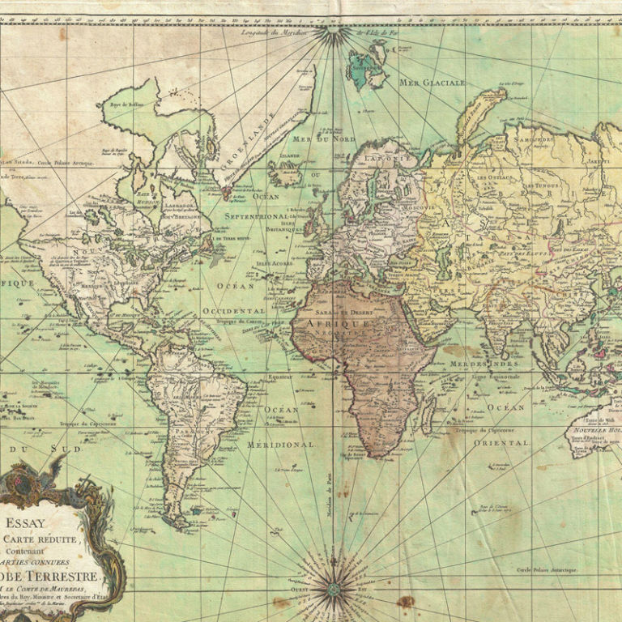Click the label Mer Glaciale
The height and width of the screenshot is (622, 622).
tap(432, 83)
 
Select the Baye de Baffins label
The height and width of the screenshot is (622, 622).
tap(120, 106)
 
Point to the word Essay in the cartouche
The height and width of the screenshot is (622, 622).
tap(28, 523)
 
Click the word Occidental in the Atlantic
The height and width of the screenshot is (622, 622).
tap(233, 310)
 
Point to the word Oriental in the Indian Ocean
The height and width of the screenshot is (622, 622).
tap(501, 443)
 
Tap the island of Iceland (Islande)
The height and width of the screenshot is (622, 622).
tap(284, 172)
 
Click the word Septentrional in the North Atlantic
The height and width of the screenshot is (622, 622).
tap(256, 217)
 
